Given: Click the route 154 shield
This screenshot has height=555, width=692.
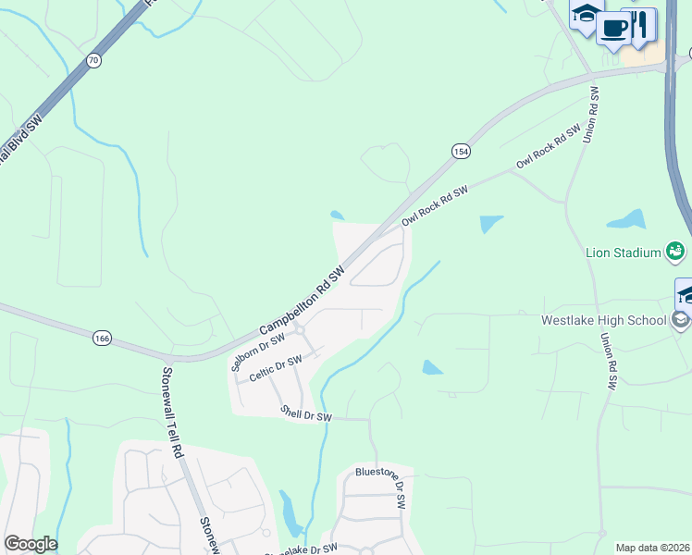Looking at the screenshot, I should pyautogui.click(x=460, y=151).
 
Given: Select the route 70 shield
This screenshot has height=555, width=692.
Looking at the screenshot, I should pyautogui.click(x=93, y=60).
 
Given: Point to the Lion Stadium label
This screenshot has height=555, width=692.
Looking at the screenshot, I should pyautogui.click(x=623, y=252).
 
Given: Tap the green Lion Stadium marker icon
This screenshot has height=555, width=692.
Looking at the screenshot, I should pyautogui.click(x=675, y=251).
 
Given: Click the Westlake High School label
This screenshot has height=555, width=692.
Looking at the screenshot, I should pyautogui.click(x=603, y=321).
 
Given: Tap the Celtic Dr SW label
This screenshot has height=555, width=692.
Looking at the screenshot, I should pyautogui.click(x=276, y=367).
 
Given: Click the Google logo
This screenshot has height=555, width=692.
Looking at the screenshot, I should pyautogui.click(x=31, y=544).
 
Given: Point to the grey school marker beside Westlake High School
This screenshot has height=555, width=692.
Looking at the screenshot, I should pyautogui.click(x=681, y=320).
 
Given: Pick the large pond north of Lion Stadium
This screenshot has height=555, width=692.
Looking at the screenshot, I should pyautogui.click(x=625, y=220).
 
